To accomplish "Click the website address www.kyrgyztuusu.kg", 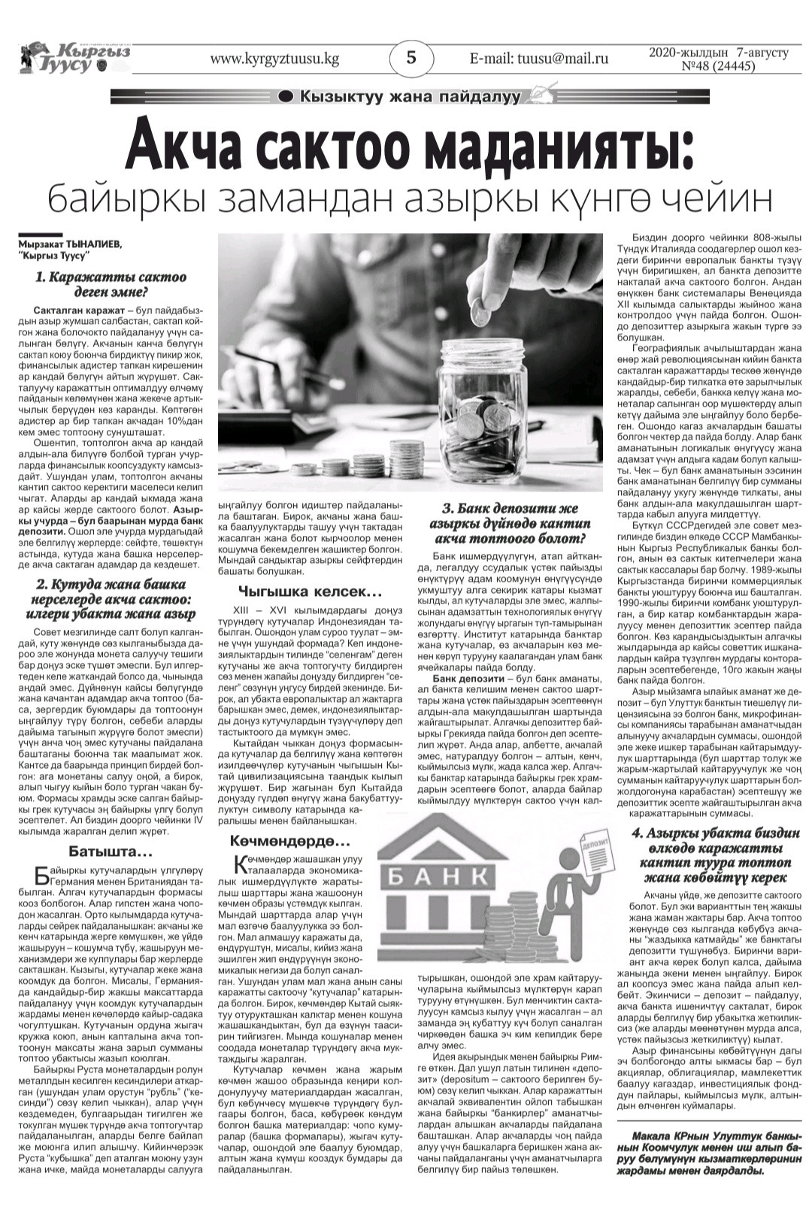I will point(275,59).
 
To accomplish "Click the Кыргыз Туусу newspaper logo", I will point(75,59).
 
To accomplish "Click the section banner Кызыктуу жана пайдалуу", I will point(410,96).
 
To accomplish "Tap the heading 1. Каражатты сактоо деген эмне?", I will point(111,285).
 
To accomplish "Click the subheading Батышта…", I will point(111,852).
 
